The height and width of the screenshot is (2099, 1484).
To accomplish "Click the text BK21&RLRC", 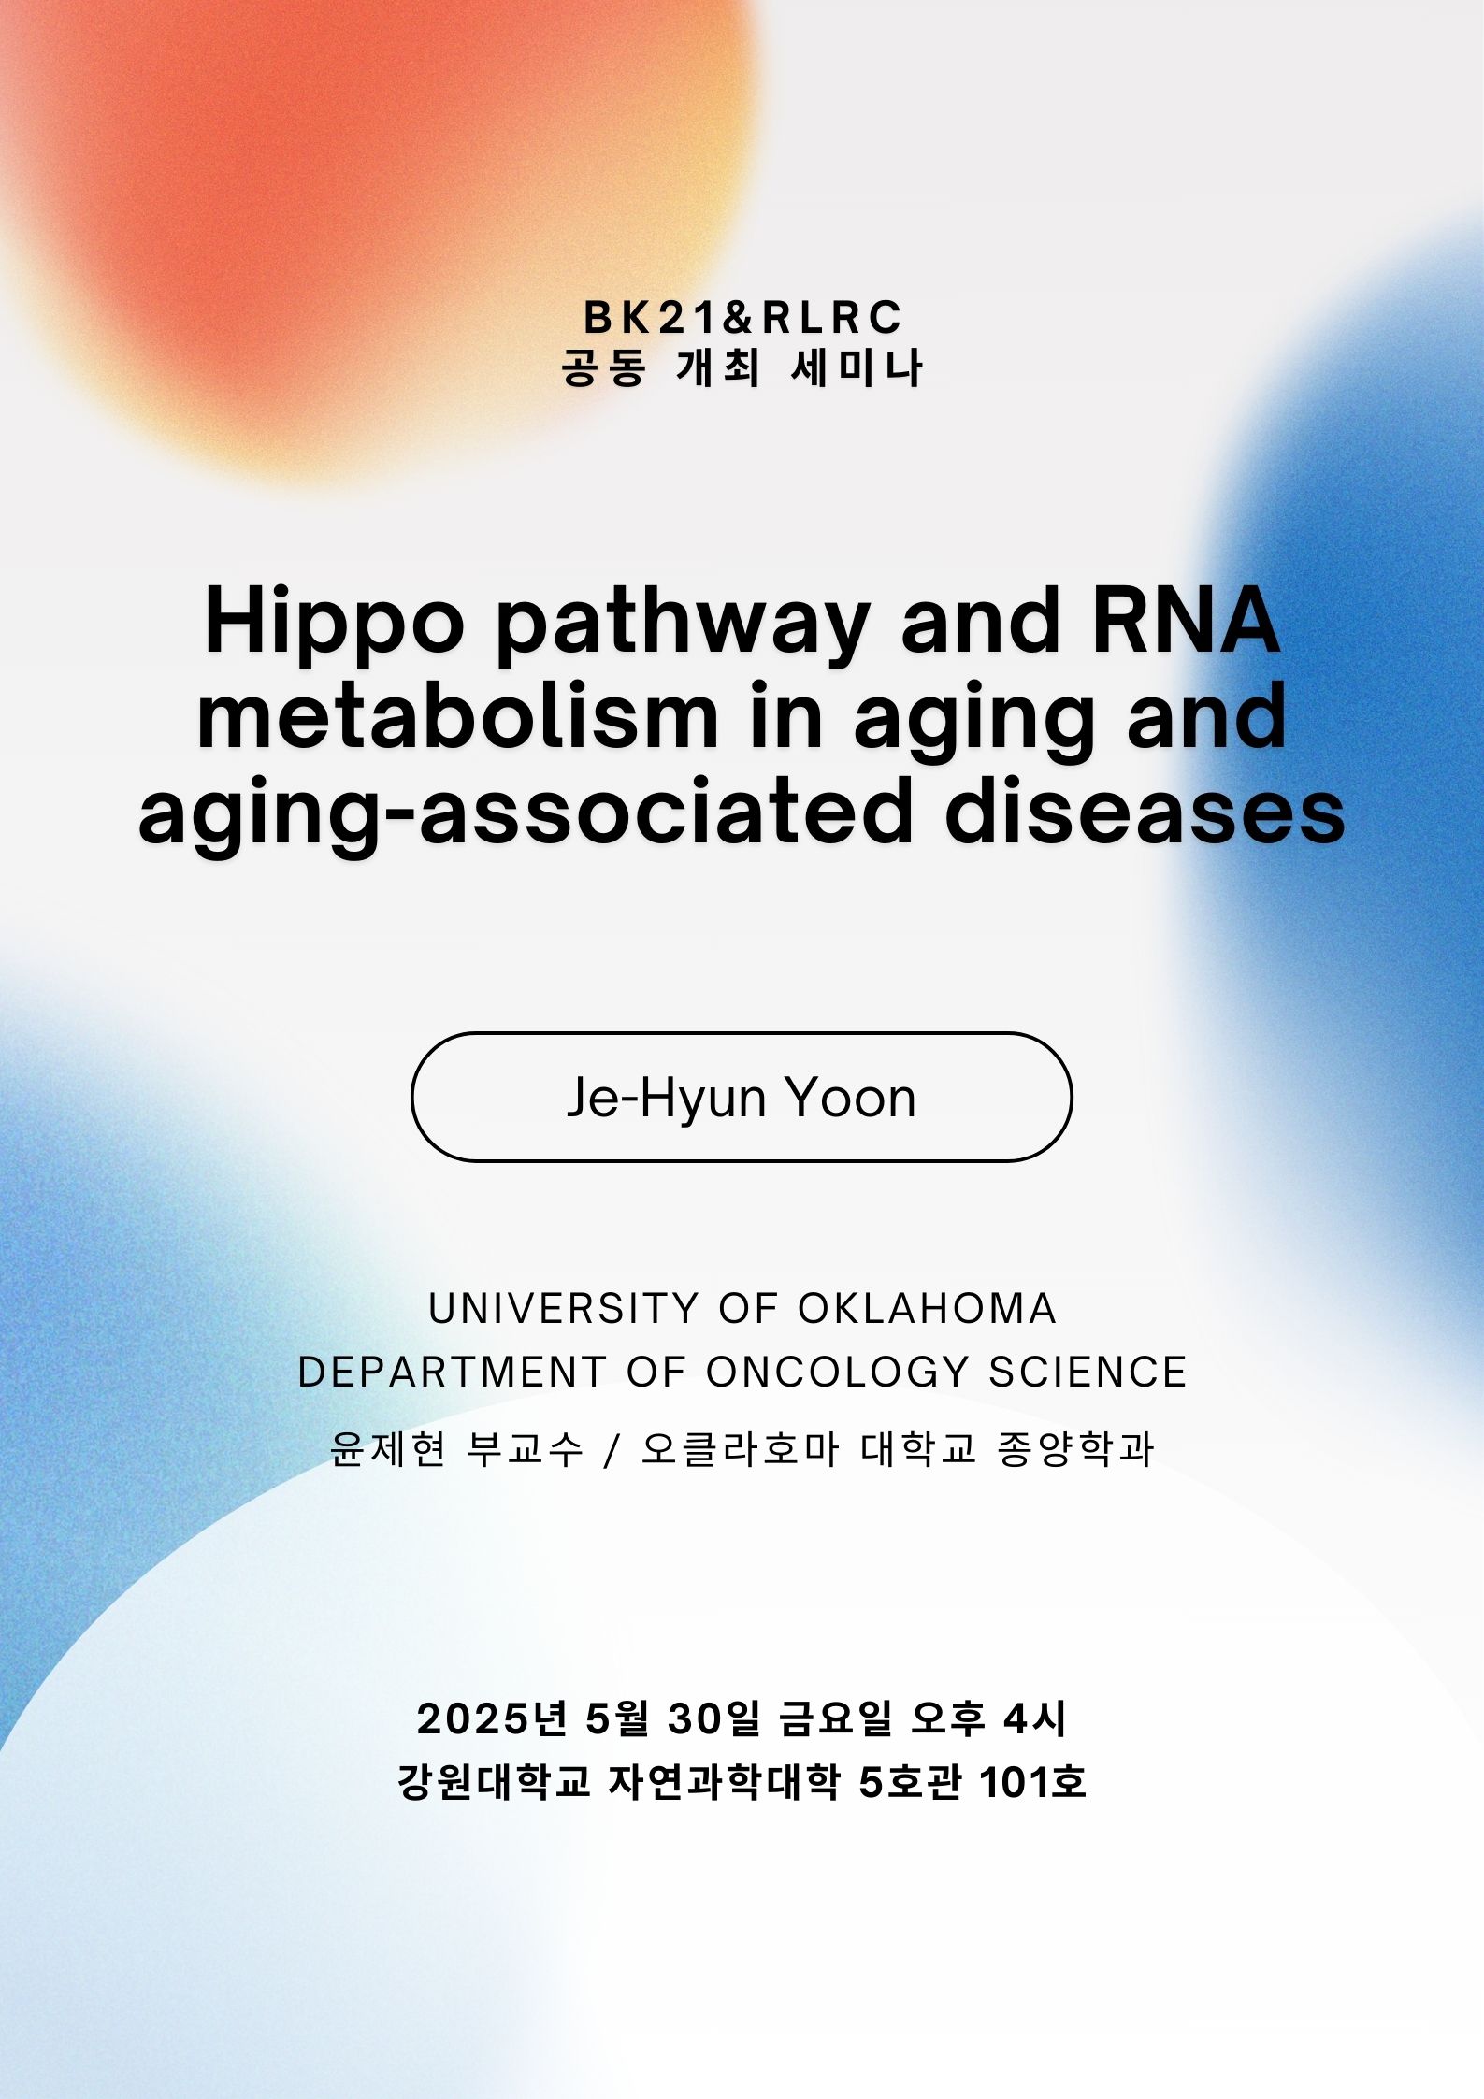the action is click(742, 318).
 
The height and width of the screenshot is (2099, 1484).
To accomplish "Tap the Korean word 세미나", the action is click(857, 368).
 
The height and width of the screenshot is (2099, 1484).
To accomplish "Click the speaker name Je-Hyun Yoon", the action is click(742, 1097).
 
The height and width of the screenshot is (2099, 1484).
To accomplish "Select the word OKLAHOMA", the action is click(927, 1309).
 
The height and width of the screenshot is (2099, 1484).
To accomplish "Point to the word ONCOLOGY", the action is click(837, 1373).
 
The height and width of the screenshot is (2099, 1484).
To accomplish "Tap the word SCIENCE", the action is click(1088, 1373).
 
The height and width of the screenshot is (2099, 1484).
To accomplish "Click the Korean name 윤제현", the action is click(388, 1449).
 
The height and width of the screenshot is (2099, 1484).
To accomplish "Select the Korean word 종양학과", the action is click(1075, 1449).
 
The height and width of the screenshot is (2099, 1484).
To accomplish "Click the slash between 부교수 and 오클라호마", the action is click(612, 1450).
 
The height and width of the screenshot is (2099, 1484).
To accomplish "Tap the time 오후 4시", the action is click(988, 1718).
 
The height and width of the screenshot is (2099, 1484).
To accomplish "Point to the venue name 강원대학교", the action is click(495, 1782).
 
